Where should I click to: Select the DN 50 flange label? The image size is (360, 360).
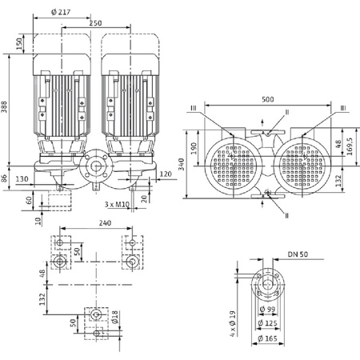[298, 254]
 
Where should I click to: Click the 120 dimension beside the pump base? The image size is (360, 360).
[166, 174]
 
